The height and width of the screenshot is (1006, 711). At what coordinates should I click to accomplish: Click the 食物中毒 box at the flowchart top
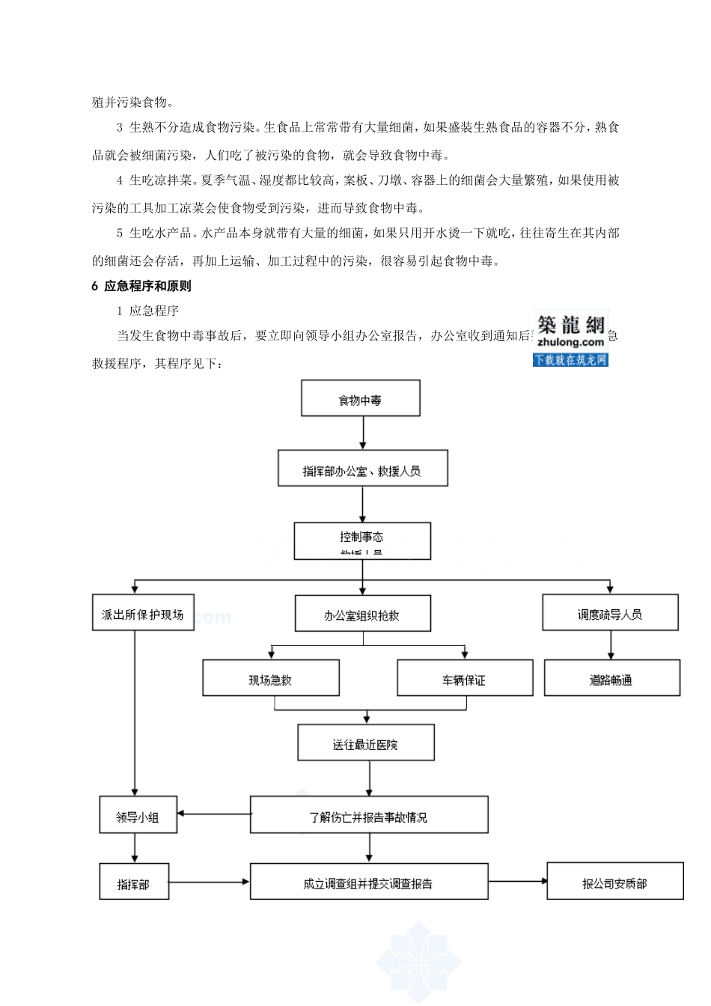(x=360, y=398)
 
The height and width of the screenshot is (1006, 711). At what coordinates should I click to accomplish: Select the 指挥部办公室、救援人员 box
(x=363, y=469)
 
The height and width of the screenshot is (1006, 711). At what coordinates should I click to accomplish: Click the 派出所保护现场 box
(x=143, y=612)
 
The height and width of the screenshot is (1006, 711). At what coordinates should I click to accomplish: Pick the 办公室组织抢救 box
(x=363, y=614)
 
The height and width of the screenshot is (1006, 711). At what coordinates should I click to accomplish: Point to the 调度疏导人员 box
(x=610, y=612)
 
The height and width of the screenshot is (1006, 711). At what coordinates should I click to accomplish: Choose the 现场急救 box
(x=271, y=678)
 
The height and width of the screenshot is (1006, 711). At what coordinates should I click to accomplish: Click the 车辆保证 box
(x=465, y=678)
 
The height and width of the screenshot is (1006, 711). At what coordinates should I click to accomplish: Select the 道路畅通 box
(x=611, y=678)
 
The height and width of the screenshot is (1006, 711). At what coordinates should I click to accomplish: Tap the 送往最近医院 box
(x=366, y=743)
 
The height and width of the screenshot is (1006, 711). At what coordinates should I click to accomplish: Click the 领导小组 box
(x=138, y=815)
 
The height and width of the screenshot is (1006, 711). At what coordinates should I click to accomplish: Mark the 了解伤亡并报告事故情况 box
(x=369, y=815)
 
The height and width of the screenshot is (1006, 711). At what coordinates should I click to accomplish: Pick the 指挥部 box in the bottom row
(x=134, y=882)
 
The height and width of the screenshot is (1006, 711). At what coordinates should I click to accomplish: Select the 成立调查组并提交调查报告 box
(x=369, y=882)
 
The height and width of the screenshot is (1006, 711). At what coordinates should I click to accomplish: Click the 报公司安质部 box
(x=615, y=882)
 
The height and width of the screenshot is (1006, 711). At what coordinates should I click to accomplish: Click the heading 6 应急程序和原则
(x=141, y=286)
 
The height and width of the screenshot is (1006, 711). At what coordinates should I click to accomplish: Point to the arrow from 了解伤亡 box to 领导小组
(x=214, y=814)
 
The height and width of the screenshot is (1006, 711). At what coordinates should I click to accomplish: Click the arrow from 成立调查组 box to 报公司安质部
(x=518, y=881)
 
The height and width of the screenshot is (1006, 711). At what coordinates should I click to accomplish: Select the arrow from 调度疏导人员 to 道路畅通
(x=611, y=645)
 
